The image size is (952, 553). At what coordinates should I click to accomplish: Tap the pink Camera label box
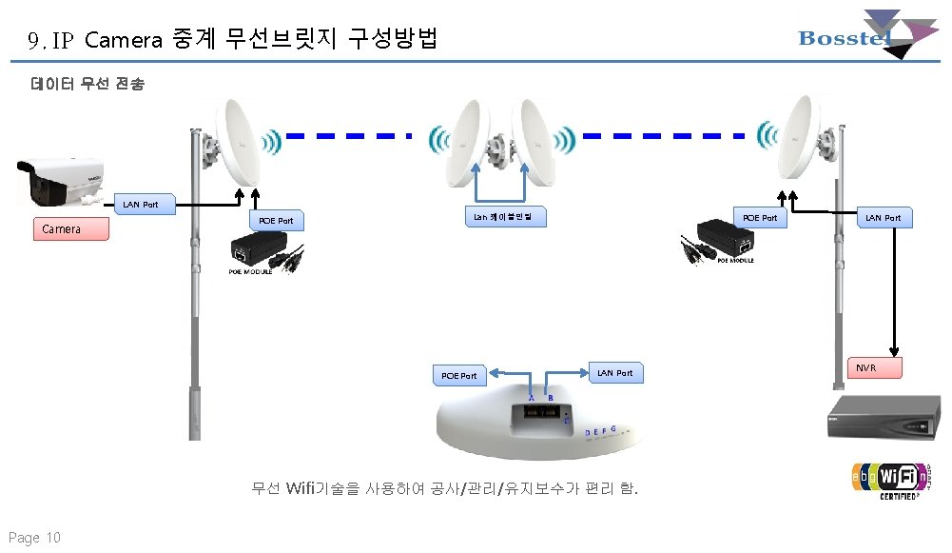70,229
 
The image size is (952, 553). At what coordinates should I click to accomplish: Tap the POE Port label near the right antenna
759,218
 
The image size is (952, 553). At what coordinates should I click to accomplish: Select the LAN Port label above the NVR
881,218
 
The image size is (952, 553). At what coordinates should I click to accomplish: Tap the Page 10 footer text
35,538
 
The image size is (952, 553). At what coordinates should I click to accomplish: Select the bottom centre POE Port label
459,375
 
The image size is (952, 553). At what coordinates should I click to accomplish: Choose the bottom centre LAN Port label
614,373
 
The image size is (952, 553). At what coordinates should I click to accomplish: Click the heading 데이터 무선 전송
87,85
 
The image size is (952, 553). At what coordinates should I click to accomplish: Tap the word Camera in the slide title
123,40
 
